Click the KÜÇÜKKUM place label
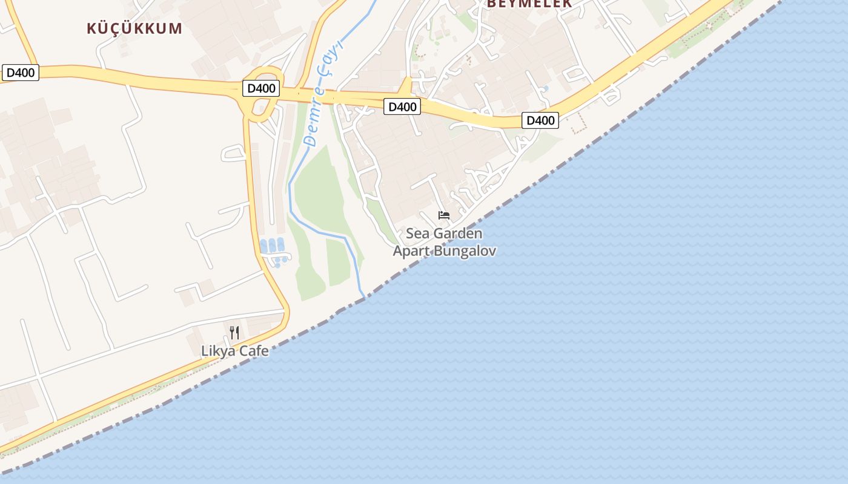[134, 28]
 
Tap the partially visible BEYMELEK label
[529, 4]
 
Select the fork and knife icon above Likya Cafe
[234, 332]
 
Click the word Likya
[218, 351]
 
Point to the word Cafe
[253, 351]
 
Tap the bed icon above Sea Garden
[444, 215]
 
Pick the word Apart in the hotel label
[411, 251]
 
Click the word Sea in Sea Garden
[416, 234]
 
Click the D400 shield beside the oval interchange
[262, 88]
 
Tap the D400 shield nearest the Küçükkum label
[21, 73]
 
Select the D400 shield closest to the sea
[540, 120]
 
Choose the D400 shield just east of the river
[402, 107]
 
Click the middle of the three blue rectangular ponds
[272, 245]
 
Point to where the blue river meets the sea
[363, 297]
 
